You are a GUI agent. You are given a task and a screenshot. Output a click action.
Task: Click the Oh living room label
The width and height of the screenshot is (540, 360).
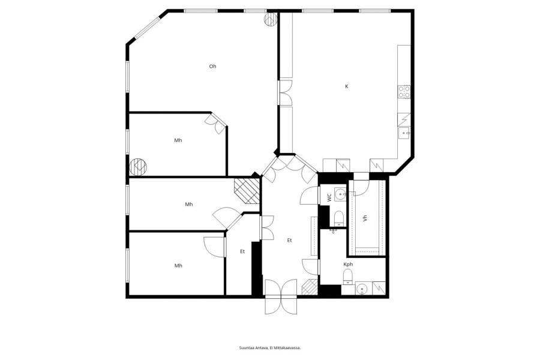tap(213, 66)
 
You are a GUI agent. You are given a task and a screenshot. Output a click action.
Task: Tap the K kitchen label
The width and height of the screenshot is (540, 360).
tap(346, 86)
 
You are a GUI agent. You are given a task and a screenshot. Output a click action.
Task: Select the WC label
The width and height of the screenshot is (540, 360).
tap(329, 197)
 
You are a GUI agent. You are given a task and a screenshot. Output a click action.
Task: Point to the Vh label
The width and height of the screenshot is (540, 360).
tap(365, 218)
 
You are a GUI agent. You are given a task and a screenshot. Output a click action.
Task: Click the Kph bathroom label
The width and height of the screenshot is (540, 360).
tap(348, 265)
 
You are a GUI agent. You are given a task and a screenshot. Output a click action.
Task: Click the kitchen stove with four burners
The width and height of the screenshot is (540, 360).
tap(404, 92)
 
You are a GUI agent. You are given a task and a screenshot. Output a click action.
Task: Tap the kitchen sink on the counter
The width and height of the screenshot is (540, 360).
tap(404, 133)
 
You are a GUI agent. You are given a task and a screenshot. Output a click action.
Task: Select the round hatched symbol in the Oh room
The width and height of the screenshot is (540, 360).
tap(271, 19)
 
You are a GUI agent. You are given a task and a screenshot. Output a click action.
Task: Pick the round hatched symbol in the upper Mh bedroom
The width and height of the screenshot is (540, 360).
tap(138, 166)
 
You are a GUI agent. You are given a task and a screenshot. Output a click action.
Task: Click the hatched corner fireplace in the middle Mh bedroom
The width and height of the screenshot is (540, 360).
tap(247, 191)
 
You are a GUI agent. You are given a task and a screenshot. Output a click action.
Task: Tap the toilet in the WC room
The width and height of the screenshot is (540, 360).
tap(339, 218)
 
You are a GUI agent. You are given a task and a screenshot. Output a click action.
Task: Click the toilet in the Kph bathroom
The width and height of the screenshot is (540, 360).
tap(348, 277)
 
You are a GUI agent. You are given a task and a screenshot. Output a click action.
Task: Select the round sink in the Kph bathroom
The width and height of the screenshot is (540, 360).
tap(361, 289)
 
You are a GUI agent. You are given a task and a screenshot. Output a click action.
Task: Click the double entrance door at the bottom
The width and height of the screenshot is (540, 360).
tap(281, 296)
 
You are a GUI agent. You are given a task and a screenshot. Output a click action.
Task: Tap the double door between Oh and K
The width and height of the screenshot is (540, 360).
tap(285, 92)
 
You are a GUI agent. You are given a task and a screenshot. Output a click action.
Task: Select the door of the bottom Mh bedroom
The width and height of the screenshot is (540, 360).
tap(215, 247)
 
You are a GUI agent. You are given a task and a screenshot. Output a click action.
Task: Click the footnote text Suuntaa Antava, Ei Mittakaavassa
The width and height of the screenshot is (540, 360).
tap(270, 348)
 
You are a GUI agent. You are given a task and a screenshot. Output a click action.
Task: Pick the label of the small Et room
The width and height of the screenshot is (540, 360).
tap(242, 251)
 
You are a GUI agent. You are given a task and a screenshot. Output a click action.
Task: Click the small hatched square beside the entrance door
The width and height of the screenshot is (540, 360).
tap(310, 287)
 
